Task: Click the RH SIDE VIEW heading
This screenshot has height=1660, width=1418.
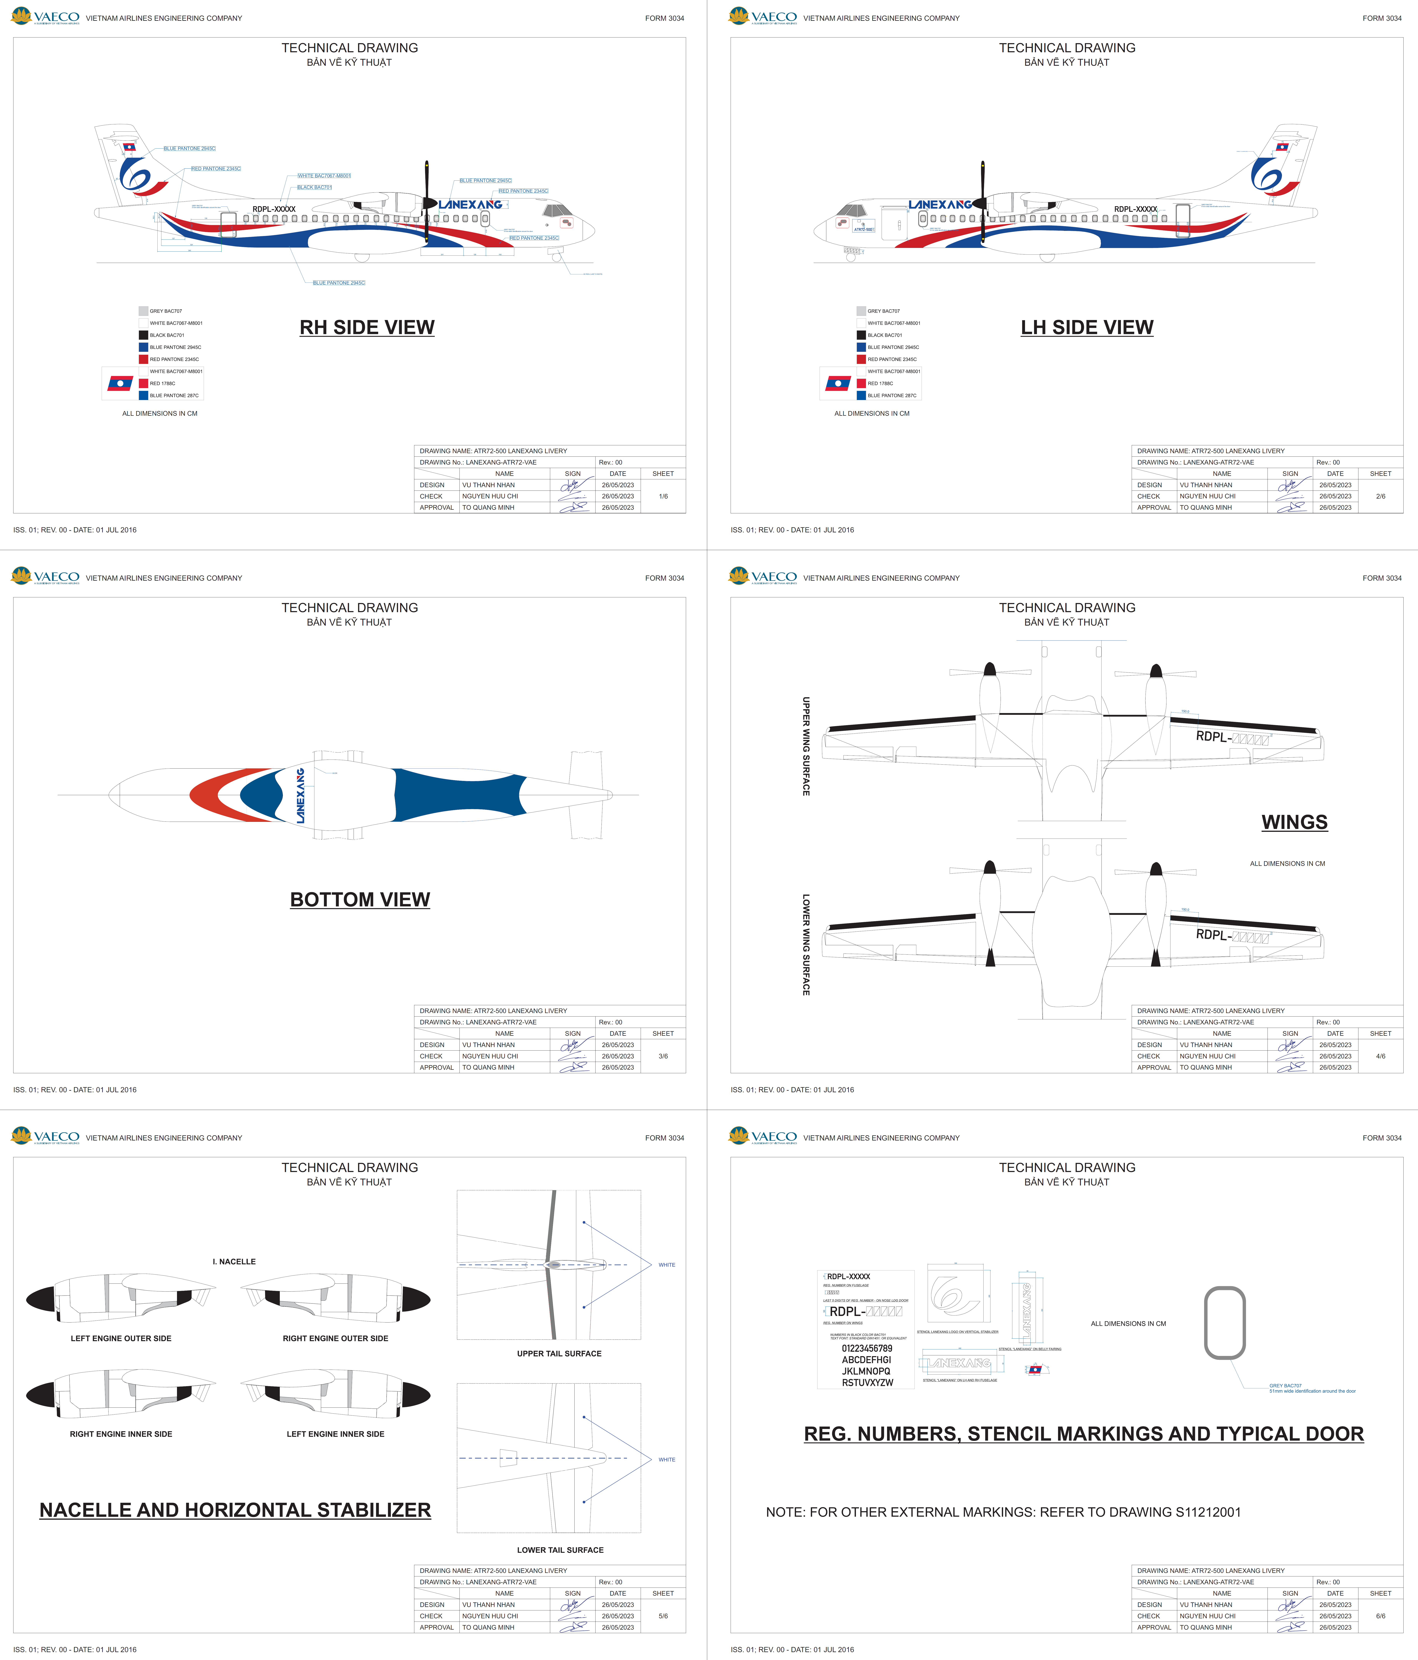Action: point(367,328)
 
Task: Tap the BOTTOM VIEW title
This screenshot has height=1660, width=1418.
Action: point(360,900)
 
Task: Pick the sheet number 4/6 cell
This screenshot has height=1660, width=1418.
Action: point(1380,1056)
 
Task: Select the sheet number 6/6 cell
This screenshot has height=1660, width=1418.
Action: point(1380,1616)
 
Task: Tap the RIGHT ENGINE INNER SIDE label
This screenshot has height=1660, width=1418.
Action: point(121,1434)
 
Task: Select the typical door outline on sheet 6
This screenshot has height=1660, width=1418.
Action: point(1225,1323)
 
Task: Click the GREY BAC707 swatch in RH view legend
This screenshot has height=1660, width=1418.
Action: point(143,311)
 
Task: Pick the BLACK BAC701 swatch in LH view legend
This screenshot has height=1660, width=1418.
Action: point(861,335)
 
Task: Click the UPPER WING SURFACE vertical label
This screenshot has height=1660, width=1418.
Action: point(806,746)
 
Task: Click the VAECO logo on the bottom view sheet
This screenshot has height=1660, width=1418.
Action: point(46,577)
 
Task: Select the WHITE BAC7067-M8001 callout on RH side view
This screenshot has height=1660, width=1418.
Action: point(324,175)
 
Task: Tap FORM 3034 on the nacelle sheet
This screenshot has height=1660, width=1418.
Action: point(664,1138)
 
